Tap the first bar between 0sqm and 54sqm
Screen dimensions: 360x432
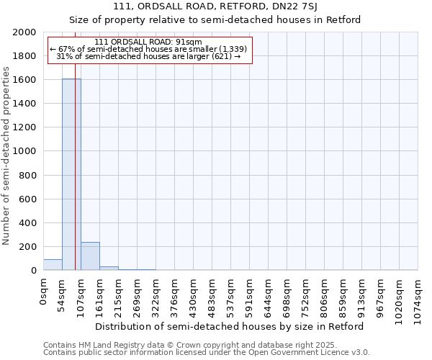(x=53, y=265)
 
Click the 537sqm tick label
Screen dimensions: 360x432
(x=231, y=295)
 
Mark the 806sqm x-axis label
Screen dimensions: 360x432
(x=325, y=295)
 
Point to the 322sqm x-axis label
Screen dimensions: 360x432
(x=156, y=295)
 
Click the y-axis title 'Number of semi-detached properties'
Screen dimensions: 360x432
(x=7, y=156)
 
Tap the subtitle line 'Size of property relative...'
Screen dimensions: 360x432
(x=215, y=19)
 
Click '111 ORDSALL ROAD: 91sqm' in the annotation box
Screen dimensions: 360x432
(x=148, y=42)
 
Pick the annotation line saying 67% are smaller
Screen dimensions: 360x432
(x=148, y=49)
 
